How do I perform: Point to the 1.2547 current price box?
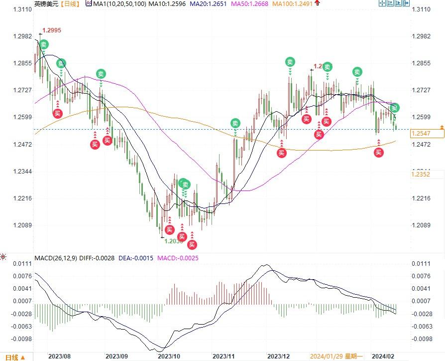point(421,134)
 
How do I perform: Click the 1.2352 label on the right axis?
point(421,174)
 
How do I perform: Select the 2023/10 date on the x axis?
point(168,357)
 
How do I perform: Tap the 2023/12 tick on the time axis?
point(278,357)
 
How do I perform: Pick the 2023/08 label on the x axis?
point(60,357)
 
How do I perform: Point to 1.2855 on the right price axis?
point(421,63)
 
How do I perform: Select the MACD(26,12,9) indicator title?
point(56,257)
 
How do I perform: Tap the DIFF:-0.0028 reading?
point(97,257)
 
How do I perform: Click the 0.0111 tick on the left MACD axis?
point(19,263)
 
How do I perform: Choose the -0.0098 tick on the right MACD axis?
point(421,339)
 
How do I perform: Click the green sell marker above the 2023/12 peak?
point(290,62)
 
